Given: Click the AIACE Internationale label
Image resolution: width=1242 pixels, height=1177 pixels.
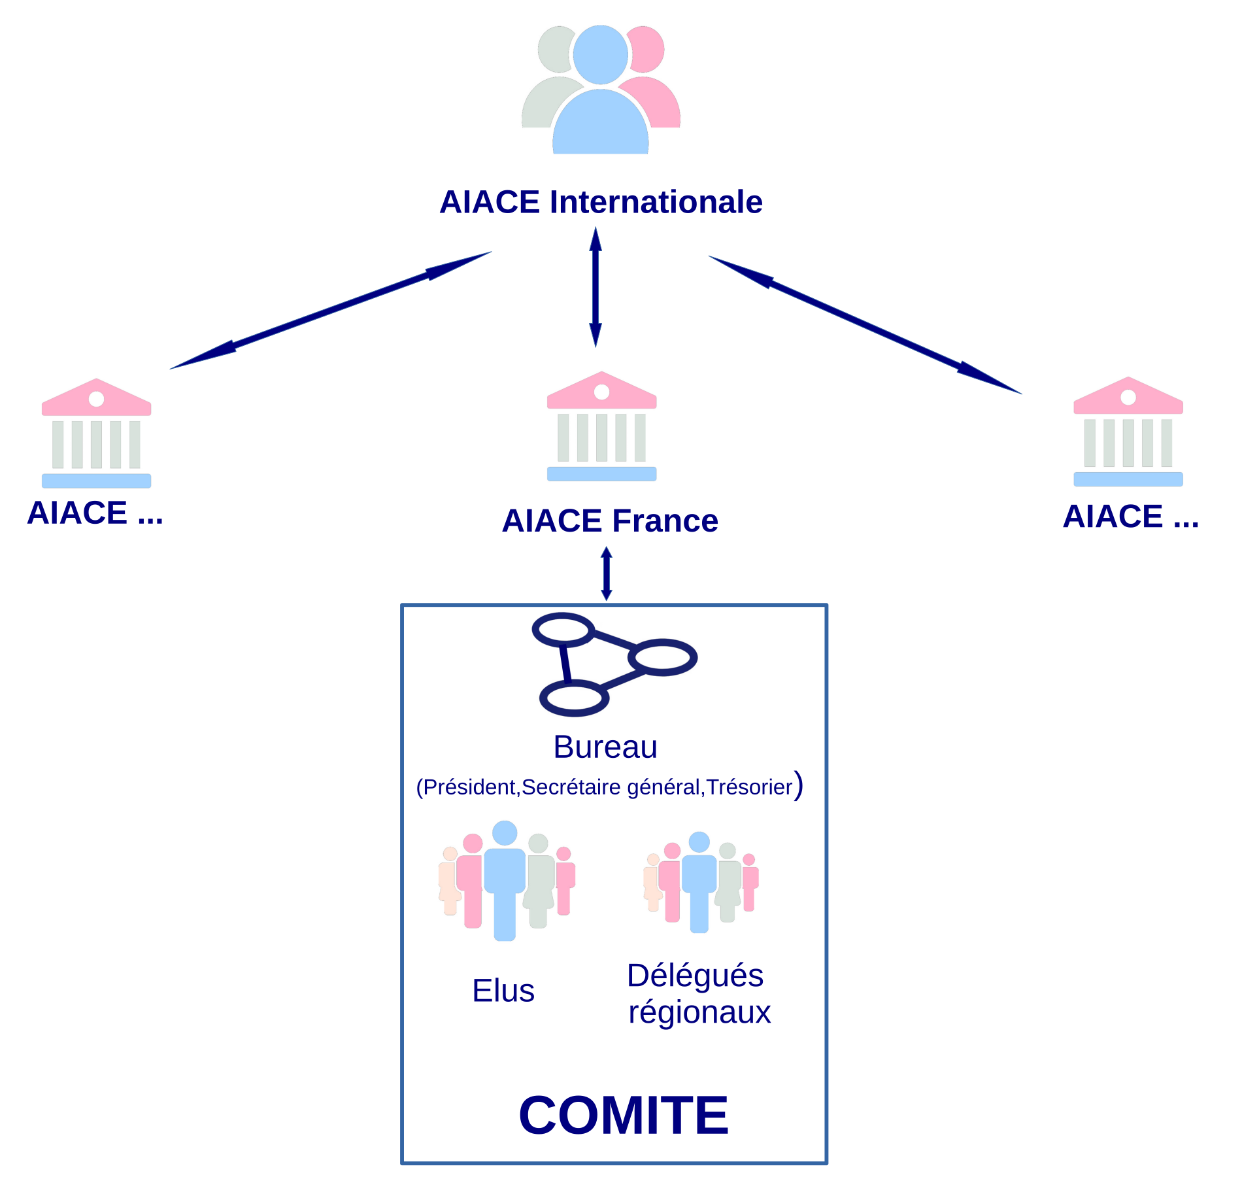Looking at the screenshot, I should tap(601, 202).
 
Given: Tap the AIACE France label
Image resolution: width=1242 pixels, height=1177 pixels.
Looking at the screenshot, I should tap(610, 521).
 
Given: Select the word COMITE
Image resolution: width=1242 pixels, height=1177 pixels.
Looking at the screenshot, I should tap(623, 1116).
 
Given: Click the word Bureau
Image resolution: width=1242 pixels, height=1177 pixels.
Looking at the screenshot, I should tap(605, 747).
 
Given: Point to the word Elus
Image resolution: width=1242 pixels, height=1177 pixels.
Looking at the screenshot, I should tap(503, 991).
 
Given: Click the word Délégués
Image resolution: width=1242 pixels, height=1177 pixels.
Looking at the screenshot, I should tap(695, 976).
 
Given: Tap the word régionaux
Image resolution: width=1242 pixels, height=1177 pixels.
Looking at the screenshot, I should tap(699, 1012).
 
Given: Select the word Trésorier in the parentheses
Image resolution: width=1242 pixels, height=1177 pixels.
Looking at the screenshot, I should tap(749, 787).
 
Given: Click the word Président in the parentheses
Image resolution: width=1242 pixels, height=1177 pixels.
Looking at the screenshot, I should tap(469, 787).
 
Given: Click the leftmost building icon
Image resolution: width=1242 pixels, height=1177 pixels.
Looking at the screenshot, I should tap(96, 434).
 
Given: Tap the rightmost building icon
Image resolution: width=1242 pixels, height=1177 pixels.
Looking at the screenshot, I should tap(1128, 432).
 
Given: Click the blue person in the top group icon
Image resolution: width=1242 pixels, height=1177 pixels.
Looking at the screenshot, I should tap(600, 98).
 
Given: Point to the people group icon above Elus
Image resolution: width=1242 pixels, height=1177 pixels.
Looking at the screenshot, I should tap(506, 880).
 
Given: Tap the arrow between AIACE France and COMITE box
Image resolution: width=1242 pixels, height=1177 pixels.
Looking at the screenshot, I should tap(606, 573).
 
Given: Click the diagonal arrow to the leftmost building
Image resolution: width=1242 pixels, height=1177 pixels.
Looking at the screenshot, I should tap(330, 311).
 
